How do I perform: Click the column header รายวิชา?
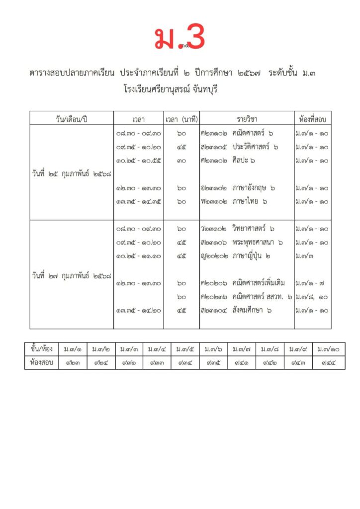[247, 119]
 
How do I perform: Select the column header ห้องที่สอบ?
[312, 119]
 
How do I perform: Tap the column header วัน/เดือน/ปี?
[72, 119]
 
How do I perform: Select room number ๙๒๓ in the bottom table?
[73, 362]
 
